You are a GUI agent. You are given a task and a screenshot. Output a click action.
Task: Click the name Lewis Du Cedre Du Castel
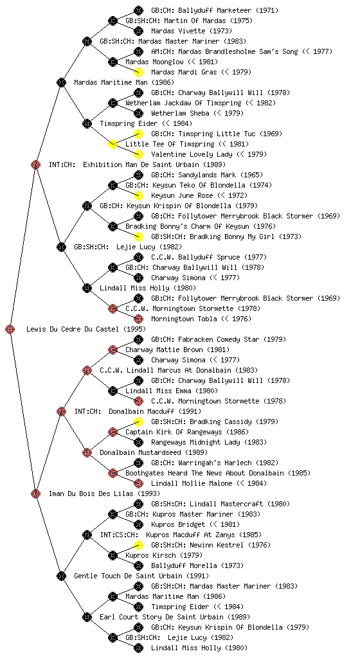(x=86, y=329)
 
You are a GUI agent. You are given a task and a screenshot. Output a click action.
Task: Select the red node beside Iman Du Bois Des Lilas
(x=35, y=493)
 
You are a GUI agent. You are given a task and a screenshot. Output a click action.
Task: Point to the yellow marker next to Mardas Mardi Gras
(x=138, y=72)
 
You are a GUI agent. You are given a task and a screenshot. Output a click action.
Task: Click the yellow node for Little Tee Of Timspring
(x=113, y=144)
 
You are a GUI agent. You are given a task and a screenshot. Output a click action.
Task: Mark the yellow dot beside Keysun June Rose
(x=138, y=195)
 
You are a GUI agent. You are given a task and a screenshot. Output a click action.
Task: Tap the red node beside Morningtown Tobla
(x=138, y=319)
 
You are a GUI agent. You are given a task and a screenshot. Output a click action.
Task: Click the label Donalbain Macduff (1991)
(x=155, y=411)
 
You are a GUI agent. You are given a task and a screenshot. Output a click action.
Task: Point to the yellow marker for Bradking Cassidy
(x=138, y=422)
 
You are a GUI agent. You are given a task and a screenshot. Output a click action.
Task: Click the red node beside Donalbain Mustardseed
(x=87, y=452)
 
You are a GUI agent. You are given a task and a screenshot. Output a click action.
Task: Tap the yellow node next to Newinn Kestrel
(x=138, y=545)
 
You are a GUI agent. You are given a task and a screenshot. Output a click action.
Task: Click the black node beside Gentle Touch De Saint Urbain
(x=61, y=576)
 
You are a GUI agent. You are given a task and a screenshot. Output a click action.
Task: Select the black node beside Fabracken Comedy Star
(x=138, y=339)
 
